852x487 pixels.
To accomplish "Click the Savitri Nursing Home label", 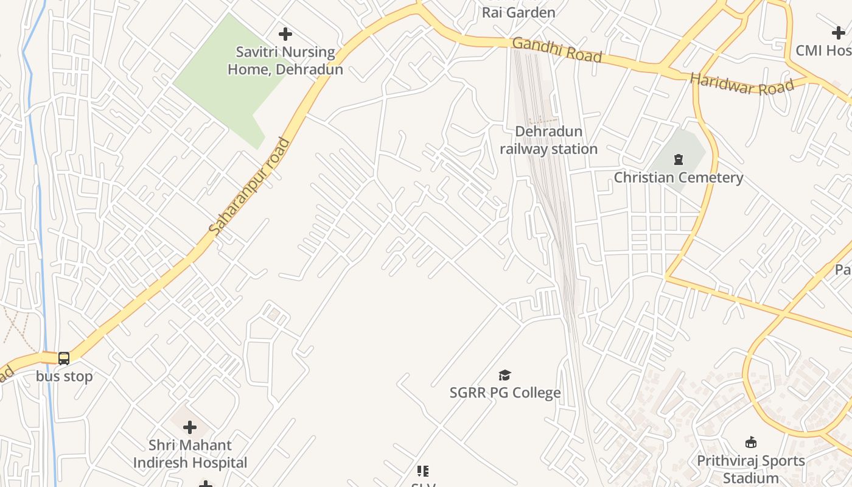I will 285,61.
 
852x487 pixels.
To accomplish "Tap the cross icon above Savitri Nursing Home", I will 285,34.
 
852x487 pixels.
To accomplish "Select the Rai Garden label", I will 519,12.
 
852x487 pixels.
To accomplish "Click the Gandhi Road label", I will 557,50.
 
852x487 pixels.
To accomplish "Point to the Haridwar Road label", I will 742,84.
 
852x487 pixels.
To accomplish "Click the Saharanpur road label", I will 250,187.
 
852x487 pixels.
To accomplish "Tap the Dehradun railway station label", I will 548,140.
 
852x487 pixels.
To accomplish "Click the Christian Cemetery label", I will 678,178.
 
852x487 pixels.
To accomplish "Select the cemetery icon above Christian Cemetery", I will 678,159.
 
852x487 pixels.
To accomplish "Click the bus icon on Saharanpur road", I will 64,359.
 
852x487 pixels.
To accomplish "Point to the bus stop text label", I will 64,376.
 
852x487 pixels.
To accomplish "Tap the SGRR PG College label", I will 505,393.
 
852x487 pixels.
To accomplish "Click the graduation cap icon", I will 505,375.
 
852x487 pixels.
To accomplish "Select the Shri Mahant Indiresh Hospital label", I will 190,454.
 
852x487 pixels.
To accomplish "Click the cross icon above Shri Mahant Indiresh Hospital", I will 190,427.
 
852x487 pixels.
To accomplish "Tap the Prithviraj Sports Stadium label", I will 750,469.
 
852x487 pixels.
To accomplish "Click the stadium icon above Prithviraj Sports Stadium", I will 751,443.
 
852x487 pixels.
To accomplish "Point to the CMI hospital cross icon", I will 838,33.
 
